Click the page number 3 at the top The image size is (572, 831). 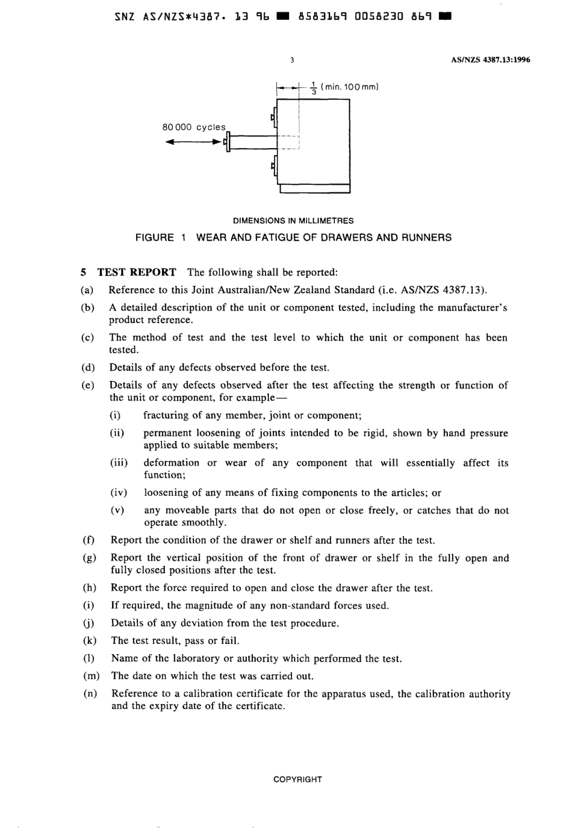coord(292,60)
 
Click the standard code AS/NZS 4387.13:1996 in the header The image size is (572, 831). coord(490,60)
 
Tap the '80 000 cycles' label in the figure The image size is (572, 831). coord(194,128)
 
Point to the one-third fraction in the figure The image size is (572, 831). coord(314,88)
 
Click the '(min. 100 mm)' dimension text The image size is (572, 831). coord(349,87)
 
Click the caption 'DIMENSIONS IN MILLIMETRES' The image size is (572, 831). coord(293,221)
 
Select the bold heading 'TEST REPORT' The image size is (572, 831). coord(137,272)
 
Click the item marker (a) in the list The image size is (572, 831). coord(87,290)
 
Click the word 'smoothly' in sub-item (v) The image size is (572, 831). coord(203,522)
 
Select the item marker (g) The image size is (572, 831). coord(90,558)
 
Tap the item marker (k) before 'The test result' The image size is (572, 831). coord(90,641)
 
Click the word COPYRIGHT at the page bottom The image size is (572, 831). coord(297,779)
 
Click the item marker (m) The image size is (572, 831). coord(91,676)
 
